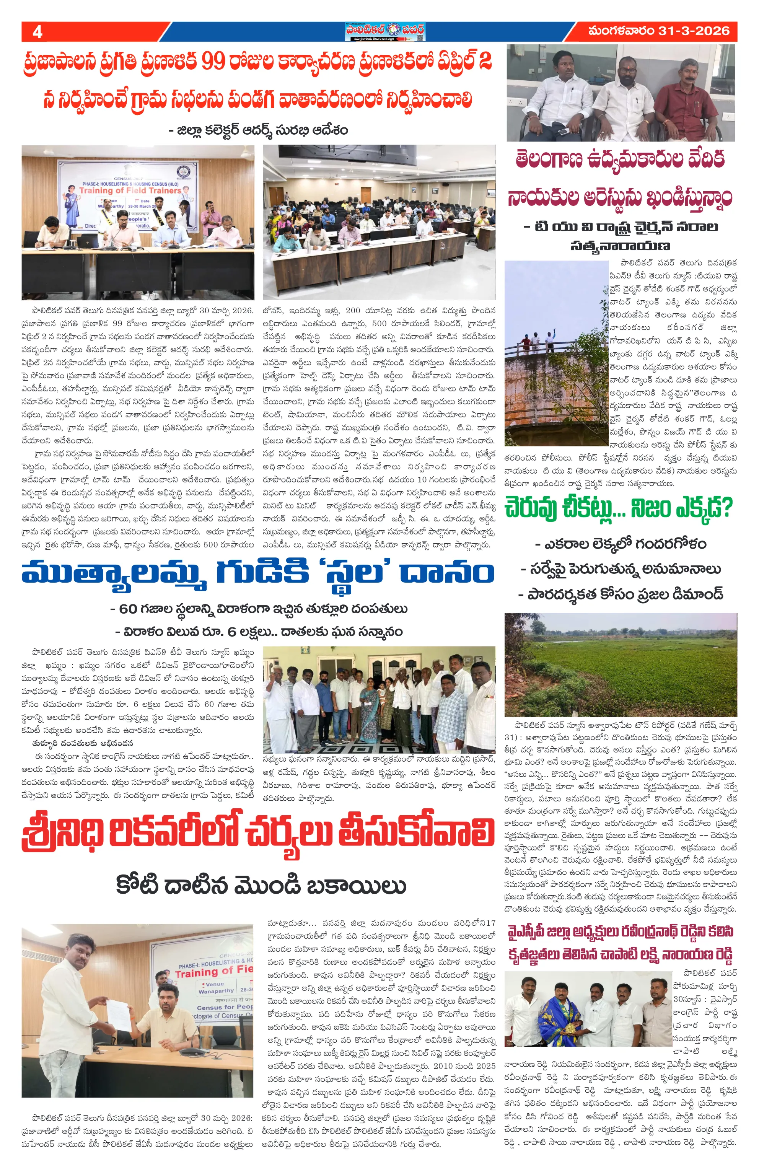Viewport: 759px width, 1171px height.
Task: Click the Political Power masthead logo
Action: (385, 31)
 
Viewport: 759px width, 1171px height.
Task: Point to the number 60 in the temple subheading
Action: (128, 609)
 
